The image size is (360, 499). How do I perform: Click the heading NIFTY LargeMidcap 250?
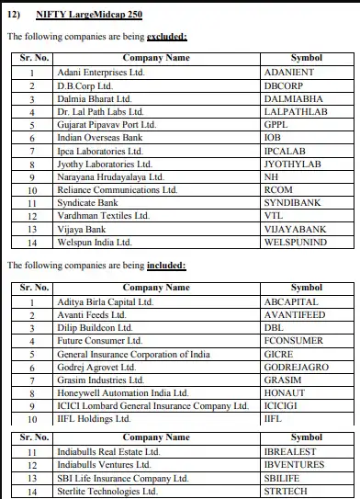[89, 16]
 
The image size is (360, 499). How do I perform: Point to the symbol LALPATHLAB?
[295, 111]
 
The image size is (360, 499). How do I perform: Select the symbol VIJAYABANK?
[294, 230]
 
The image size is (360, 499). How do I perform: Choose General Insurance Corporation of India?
[133, 354]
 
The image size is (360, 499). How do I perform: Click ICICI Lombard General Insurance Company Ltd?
[152, 405]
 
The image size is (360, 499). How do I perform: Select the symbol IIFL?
[273, 418]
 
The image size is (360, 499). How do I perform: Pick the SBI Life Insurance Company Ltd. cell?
[122, 478]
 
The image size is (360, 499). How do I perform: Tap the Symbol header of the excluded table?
[307, 57]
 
